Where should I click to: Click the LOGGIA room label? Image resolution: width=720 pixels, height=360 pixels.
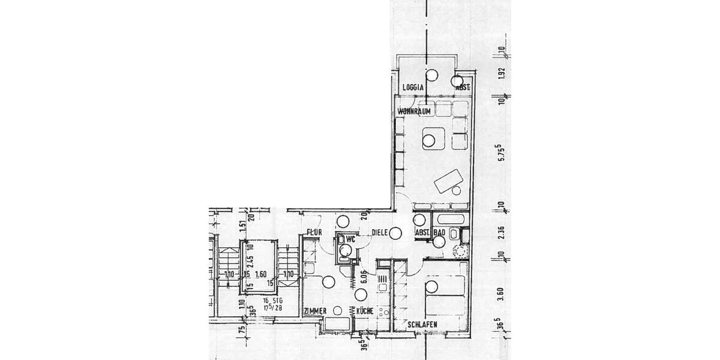click(413, 88)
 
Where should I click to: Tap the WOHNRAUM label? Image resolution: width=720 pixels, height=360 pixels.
click(413, 112)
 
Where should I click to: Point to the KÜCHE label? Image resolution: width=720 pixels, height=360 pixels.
click(365, 311)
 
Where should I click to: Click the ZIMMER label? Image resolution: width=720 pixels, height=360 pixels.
click(315, 311)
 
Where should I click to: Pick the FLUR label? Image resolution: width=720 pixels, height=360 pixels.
click(315, 232)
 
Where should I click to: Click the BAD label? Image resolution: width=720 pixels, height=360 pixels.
click(439, 232)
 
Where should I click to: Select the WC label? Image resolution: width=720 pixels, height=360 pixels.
click(351, 239)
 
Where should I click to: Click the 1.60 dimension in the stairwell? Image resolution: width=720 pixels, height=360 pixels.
click(260, 274)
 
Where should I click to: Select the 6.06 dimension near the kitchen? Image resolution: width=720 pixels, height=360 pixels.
click(364, 278)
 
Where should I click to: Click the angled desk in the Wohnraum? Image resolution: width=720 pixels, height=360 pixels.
click(448, 181)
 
